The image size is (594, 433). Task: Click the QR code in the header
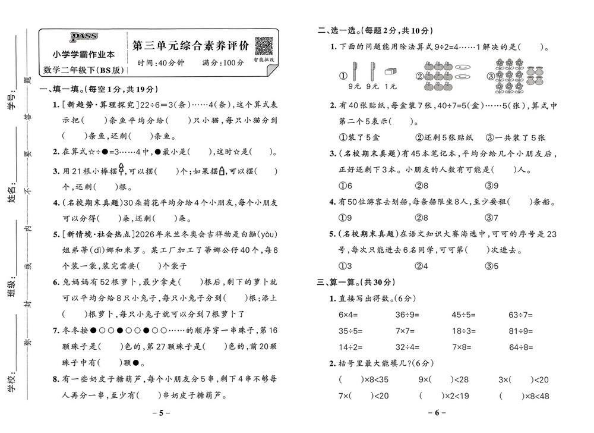263,46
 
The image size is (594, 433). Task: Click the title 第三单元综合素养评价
188,46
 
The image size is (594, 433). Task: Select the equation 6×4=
351,315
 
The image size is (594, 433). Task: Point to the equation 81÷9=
521,331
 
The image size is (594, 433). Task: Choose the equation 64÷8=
521,347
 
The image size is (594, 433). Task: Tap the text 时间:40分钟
160,63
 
